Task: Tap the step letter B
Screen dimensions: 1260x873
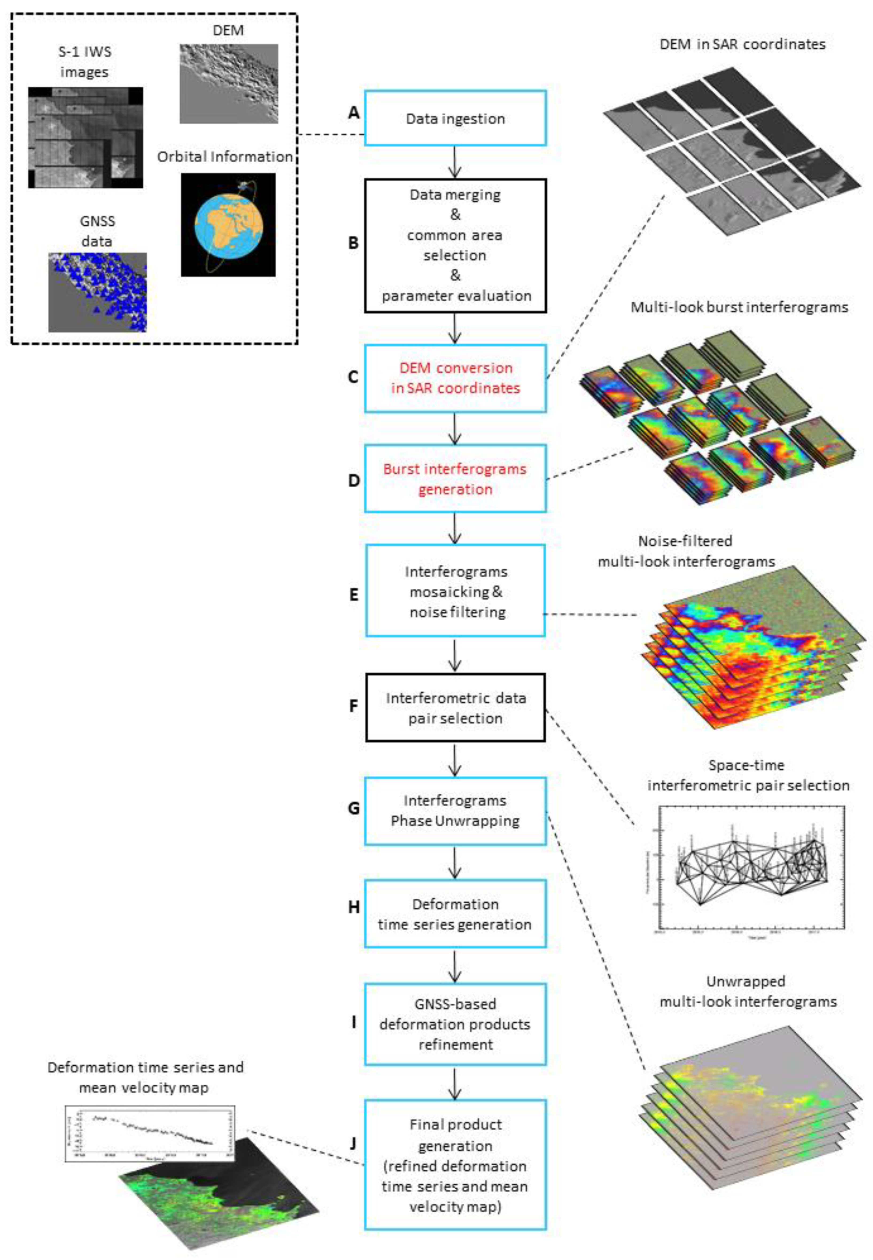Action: point(353,242)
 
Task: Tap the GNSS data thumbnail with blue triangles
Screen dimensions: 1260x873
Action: point(97,292)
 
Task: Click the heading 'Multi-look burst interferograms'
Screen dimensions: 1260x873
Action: point(739,307)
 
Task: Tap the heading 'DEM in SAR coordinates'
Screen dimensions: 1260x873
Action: point(742,44)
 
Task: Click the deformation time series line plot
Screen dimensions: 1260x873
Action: point(149,1132)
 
